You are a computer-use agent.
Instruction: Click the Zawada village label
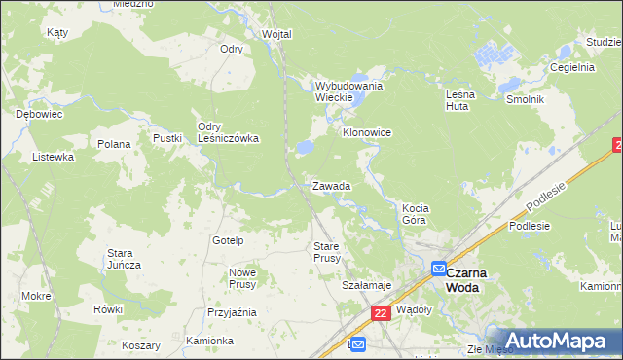[x=331, y=185]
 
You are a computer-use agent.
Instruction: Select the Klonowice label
[x=366, y=131]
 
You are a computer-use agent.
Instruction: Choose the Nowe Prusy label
[x=241, y=278]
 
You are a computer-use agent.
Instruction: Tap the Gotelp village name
[x=227, y=239]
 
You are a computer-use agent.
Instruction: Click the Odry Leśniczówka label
[x=227, y=132]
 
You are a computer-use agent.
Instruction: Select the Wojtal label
[x=276, y=34]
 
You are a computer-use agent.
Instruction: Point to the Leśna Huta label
[x=457, y=99]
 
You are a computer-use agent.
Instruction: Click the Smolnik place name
[x=524, y=100]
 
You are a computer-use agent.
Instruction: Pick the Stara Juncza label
[x=124, y=259]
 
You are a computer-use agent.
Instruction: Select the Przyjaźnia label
[x=232, y=312]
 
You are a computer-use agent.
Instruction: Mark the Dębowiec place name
[x=39, y=114]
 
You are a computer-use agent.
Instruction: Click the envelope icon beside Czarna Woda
[x=438, y=270]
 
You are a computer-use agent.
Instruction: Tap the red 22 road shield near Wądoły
[x=381, y=312]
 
